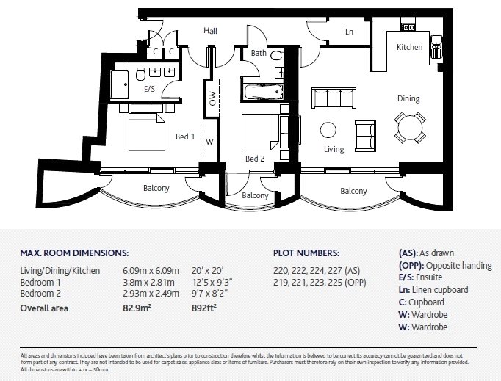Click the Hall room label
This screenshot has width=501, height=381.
(211, 31)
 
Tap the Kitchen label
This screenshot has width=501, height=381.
(410, 47)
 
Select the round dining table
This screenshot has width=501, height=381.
(410, 128)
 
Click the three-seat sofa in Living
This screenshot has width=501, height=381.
(334, 98)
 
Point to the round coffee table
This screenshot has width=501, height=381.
(328, 130)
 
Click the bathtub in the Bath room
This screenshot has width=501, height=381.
(263, 92)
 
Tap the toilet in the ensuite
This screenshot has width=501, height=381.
(140, 75)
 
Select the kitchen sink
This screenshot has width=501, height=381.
(436, 47)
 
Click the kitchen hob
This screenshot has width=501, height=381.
(408, 27)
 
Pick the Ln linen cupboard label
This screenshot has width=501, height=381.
(349, 32)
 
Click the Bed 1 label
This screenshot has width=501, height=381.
(185, 137)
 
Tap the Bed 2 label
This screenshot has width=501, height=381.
(255, 159)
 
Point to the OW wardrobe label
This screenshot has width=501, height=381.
(212, 98)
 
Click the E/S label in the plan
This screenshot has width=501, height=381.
(149, 89)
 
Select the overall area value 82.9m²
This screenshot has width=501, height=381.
(137, 308)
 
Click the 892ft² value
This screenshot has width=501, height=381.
(204, 308)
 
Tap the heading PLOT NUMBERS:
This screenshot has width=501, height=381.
(306, 253)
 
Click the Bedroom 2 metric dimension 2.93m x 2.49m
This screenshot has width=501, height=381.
(151, 294)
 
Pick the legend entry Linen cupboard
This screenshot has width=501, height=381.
(440, 290)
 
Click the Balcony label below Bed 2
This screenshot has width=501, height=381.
(255, 195)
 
